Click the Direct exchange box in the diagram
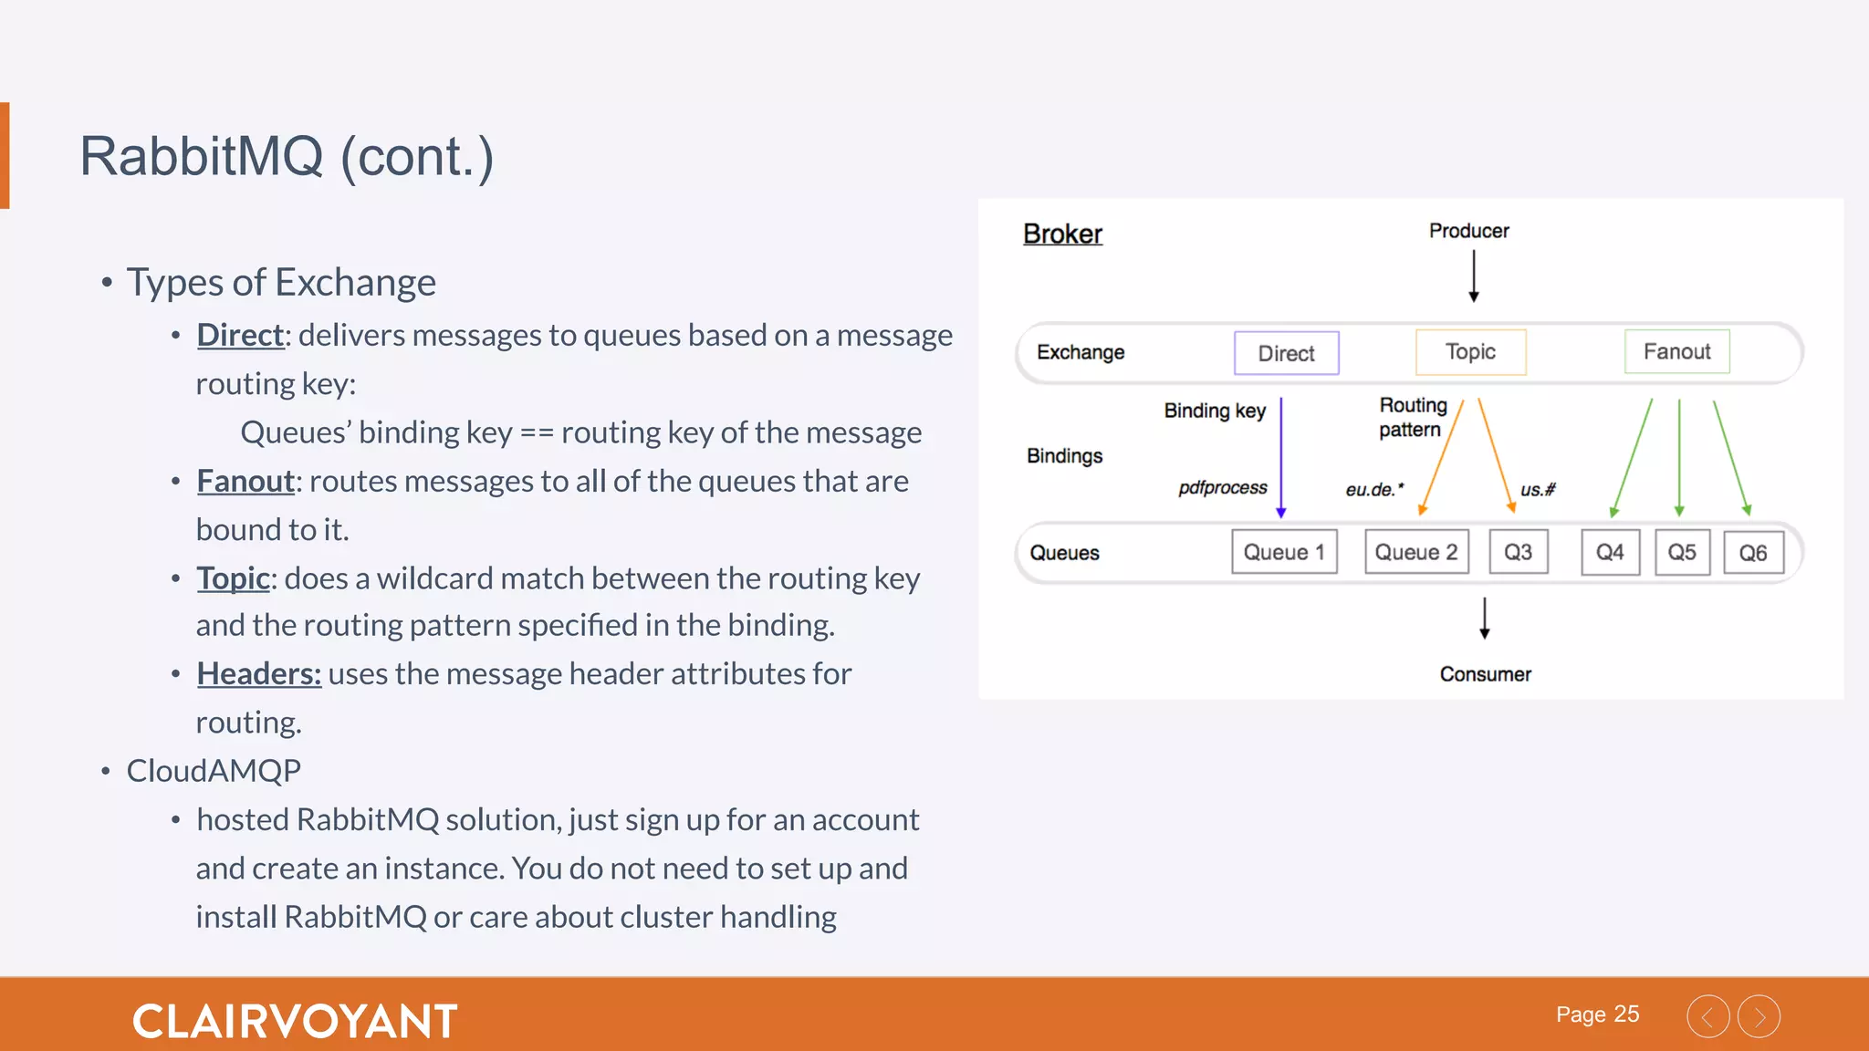[x=1286, y=353]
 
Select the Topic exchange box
[x=1470, y=352]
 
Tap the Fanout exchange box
[x=1676, y=351]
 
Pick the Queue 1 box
[x=1284, y=552]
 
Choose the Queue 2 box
[x=1416, y=552]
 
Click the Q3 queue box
[x=1518, y=552]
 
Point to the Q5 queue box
[x=1682, y=552]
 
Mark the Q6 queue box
[x=1753, y=553]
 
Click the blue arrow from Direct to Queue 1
[x=1281, y=456]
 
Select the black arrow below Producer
[x=1473, y=276]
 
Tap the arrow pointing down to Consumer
[x=1485, y=618]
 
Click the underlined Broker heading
[x=1062, y=234]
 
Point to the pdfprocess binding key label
[x=1222, y=488]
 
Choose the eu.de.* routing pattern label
[x=1374, y=490]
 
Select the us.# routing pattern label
[x=1538, y=490]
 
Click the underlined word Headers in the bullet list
[x=258, y=674]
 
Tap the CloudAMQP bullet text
[x=214, y=771]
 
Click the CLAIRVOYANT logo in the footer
[x=295, y=1021]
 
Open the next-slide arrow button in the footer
[x=1759, y=1016]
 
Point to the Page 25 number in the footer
[x=1597, y=1015]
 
